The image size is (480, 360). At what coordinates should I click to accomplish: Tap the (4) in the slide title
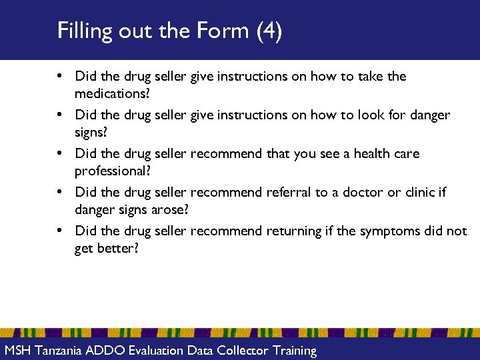pyautogui.click(x=269, y=31)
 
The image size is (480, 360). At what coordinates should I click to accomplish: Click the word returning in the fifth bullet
pyautogui.click(x=293, y=231)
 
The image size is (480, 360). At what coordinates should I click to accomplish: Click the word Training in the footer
pyautogui.click(x=293, y=350)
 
